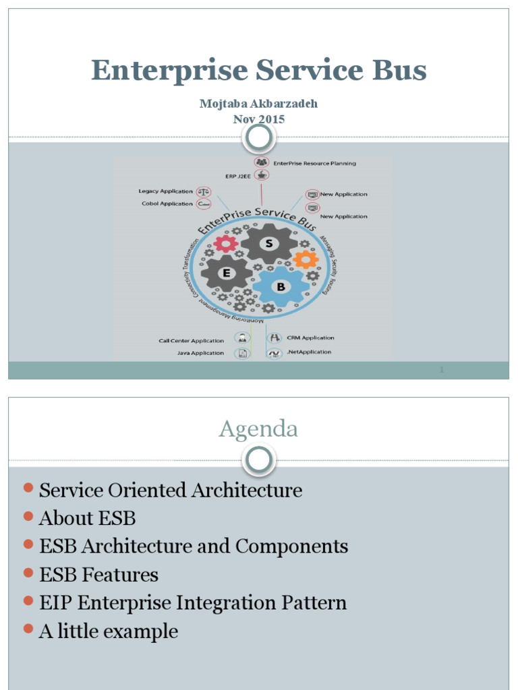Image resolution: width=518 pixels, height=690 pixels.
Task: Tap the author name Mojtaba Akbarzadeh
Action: coord(259,104)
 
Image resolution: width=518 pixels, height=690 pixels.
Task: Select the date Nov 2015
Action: coord(259,119)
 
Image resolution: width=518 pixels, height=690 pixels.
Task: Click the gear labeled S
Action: coord(269,244)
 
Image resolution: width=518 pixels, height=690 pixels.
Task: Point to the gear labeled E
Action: coord(227,272)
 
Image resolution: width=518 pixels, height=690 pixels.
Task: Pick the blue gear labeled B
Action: coord(281,286)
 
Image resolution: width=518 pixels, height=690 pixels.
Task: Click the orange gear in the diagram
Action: coord(306,259)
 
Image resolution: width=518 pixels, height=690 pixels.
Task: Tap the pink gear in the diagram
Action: coord(225,243)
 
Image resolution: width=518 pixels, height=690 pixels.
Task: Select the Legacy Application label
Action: coord(165,191)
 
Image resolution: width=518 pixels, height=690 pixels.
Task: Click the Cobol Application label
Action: coord(167,203)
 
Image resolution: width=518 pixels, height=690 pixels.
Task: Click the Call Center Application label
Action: coord(191,340)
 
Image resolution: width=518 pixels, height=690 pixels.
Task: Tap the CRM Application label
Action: coord(310,338)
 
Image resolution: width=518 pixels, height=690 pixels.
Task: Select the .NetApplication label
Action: coord(308,352)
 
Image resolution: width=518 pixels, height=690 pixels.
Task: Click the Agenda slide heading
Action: coord(258,429)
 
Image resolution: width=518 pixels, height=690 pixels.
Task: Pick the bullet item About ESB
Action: coord(88,518)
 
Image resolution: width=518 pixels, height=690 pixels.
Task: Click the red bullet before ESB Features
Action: coord(28,573)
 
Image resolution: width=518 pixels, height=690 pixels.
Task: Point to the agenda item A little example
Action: coord(109,631)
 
